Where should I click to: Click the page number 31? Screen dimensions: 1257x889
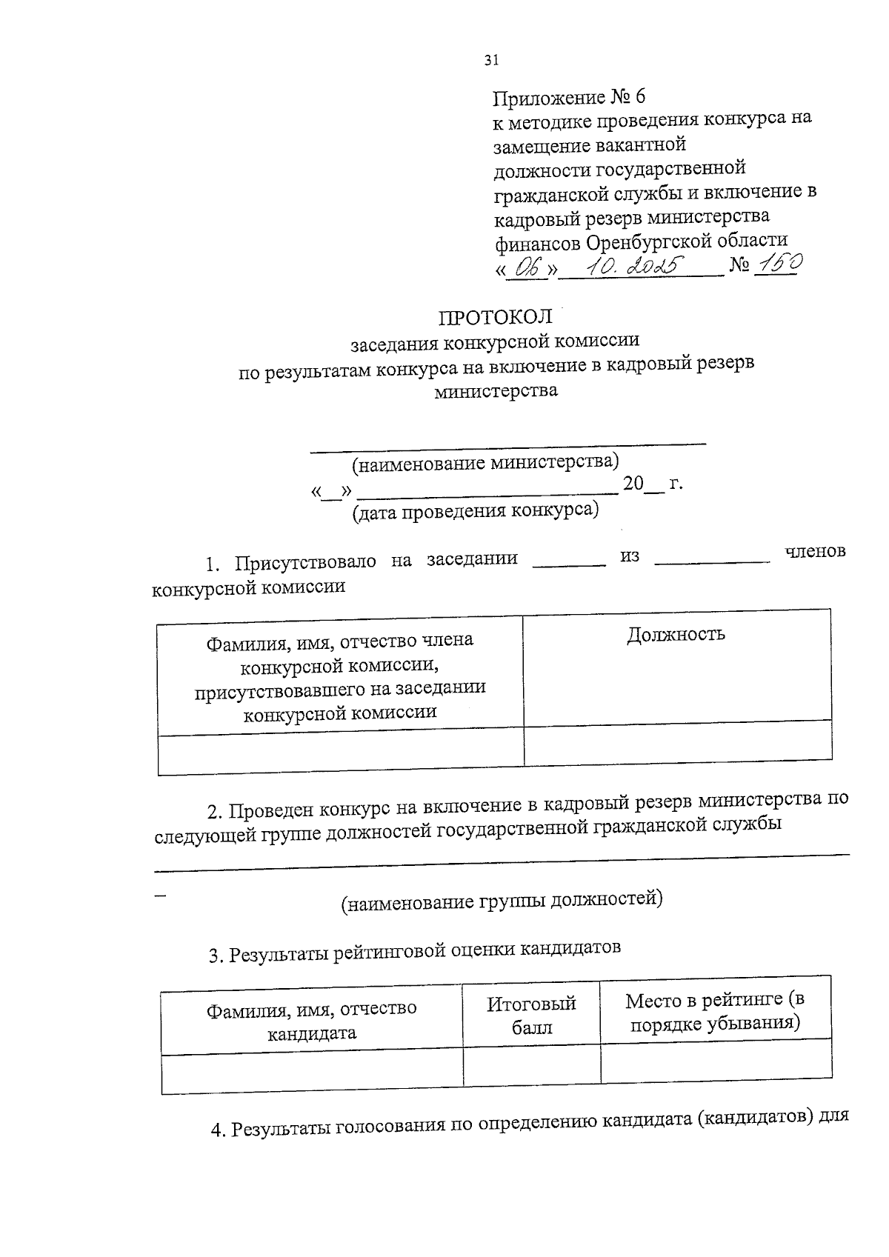pyautogui.click(x=491, y=61)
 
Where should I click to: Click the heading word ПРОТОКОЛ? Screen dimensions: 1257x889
pyautogui.click(x=496, y=317)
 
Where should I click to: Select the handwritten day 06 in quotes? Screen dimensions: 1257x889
pyautogui.click(x=527, y=269)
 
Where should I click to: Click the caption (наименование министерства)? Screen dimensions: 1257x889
pyautogui.click(x=485, y=463)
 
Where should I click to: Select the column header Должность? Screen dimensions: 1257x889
pyautogui.click(x=676, y=634)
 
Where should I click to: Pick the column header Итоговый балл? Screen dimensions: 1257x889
pyautogui.click(x=531, y=1016)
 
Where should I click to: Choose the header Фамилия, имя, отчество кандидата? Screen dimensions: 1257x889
pyautogui.click(x=312, y=1021)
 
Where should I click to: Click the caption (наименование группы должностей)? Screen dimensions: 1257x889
pyautogui.click(x=502, y=901)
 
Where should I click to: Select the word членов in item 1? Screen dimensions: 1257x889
pyautogui.click(x=814, y=553)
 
